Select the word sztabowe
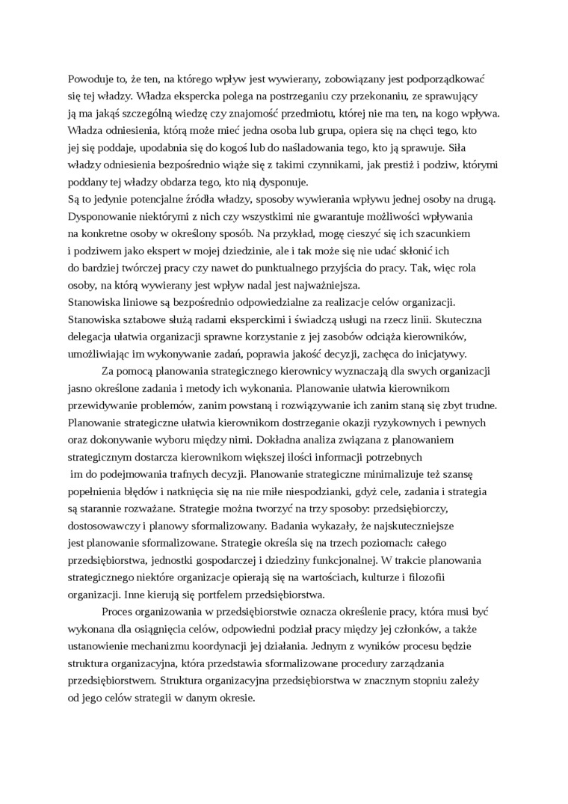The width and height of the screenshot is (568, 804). click(x=149, y=319)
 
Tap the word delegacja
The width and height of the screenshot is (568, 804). click(x=93, y=337)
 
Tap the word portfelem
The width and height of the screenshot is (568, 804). click(x=204, y=595)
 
